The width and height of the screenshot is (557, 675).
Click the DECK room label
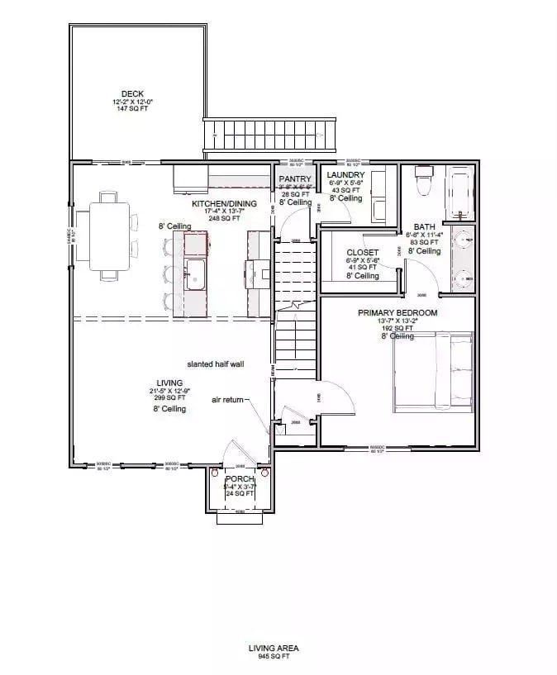click(x=132, y=93)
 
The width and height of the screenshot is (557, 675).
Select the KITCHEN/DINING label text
click(x=224, y=203)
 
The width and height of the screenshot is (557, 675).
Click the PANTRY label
click(x=294, y=178)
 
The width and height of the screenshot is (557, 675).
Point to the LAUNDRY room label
click(x=345, y=175)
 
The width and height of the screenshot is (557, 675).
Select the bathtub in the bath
click(x=459, y=193)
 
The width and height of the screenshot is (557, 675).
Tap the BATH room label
click(x=424, y=226)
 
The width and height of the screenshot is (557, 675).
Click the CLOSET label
click(x=362, y=252)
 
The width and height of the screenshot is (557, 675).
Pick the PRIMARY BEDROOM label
click(x=398, y=313)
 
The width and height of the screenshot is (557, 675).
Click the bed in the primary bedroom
click(x=432, y=371)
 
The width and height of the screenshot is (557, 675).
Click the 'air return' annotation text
click(x=227, y=400)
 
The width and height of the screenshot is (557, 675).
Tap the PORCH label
click(x=240, y=479)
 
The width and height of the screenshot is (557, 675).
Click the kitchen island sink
click(x=196, y=274)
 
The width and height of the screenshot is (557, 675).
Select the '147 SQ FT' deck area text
click(x=132, y=108)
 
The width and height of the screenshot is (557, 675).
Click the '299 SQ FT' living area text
click(x=169, y=398)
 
